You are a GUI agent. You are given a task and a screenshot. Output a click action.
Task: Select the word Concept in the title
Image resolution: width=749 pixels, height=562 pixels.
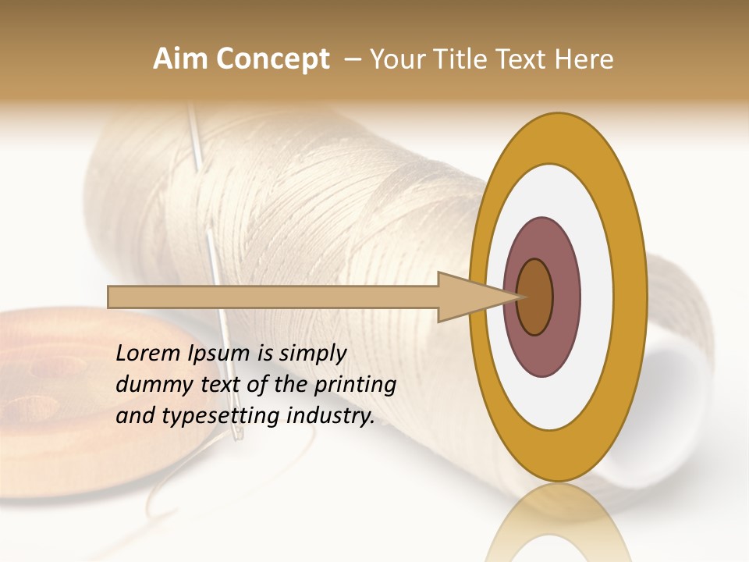(x=272, y=59)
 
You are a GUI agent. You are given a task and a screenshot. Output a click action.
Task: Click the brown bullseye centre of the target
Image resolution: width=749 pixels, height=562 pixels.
(x=535, y=297)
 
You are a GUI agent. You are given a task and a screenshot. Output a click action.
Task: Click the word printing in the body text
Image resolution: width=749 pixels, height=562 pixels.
(x=354, y=385)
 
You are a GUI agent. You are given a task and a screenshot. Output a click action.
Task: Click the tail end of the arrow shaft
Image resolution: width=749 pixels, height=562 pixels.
(x=111, y=297)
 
